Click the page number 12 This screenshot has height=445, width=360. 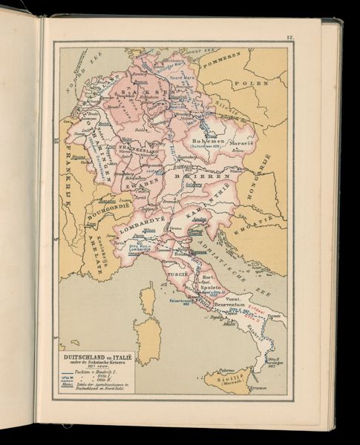291,37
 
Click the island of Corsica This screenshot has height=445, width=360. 147,300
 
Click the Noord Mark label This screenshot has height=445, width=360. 180,75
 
